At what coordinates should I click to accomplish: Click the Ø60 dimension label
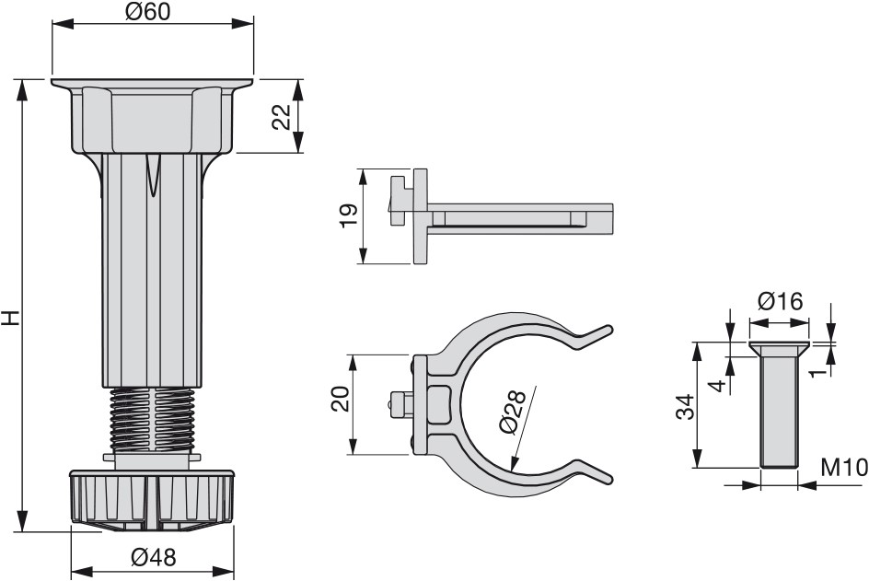click(x=147, y=12)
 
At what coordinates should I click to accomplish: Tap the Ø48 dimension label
click(x=154, y=557)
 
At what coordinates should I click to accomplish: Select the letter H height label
click(x=11, y=319)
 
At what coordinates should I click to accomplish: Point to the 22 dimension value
click(x=282, y=116)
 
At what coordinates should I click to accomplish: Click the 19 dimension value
click(x=349, y=215)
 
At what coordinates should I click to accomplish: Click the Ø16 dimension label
click(x=781, y=302)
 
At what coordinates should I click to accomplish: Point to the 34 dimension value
click(x=686, y=407)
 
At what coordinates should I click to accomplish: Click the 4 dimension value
click(x=718, y=385)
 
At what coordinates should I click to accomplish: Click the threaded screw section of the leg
click(x=153, y=419)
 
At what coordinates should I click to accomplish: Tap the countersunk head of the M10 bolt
click(x=779, y=349)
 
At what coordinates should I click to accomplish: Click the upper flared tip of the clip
click(x=594, y=335)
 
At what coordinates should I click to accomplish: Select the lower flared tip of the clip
click(x=594, y=471)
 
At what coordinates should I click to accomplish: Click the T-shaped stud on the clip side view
click(x=400, y=200)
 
